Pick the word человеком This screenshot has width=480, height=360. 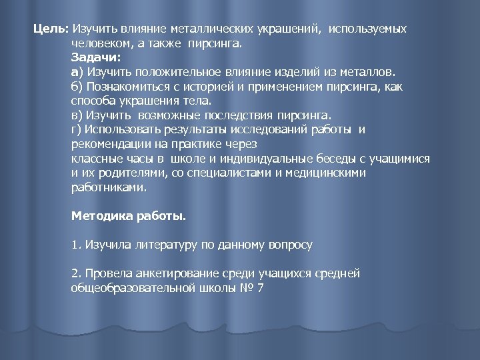[x=99, y=44]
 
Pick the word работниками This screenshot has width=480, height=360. [x=107, y=188]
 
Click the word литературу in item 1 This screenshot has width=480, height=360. [x=167, y=245]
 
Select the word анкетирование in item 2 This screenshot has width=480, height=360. [x=175, y=273]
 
